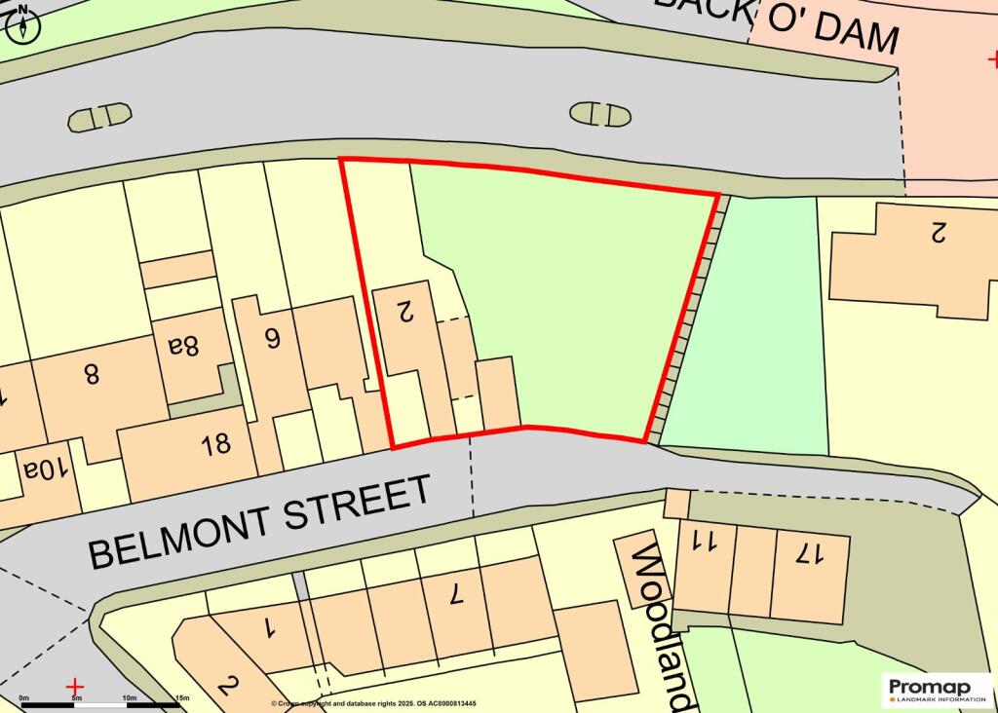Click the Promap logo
[936, 691]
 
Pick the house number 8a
[183, 345]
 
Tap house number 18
[215, 444]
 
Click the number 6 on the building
[272, 337]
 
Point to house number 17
[808, 554]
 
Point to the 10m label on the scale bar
[128, 698]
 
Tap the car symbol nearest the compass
[99, 117]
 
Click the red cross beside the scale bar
[75, 688]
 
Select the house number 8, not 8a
[92, 373]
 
